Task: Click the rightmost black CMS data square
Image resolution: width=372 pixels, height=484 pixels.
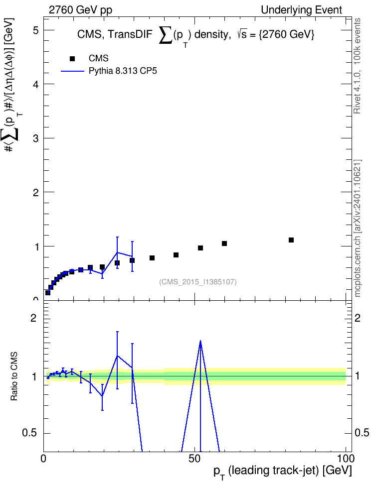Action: click(291, 240)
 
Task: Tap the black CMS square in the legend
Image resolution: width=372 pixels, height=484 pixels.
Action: click(72, 59)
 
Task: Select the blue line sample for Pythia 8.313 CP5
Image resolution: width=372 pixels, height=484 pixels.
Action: click(72, 71)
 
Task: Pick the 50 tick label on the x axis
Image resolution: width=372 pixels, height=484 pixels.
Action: click(194, 459)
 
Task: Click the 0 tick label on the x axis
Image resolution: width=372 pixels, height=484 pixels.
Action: click(43, 459)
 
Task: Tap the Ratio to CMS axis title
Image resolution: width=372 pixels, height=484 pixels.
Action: click(14, 376)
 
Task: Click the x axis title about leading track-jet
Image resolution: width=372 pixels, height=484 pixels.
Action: click(283, 472)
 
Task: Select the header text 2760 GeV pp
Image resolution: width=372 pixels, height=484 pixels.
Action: click(80, 10)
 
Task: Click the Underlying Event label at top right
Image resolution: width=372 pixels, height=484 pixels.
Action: click(302, 10)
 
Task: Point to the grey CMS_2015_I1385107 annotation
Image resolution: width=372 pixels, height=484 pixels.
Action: click(198, 282)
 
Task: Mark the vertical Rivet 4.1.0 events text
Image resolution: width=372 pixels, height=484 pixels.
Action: click(357, 66)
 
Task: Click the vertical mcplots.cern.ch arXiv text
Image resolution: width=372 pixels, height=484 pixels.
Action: click(357, 228)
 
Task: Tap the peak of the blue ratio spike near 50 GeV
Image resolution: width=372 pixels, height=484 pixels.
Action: click(200, 341)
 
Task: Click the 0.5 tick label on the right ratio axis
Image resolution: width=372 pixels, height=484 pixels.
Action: click(362, 433)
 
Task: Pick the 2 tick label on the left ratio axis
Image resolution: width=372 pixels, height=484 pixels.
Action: click(33, 318)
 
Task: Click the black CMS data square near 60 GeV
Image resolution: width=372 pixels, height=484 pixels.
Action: click(224, 243)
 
